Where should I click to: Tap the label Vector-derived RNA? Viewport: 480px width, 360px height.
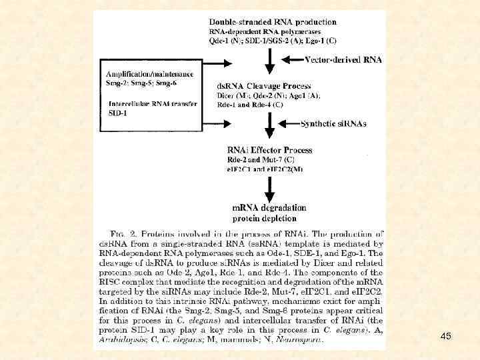coord(343,59)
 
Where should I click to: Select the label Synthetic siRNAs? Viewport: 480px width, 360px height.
coord(333,124)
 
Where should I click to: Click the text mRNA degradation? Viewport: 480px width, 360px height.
coord(269,208)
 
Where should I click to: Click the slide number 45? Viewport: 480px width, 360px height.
coord(446,337)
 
